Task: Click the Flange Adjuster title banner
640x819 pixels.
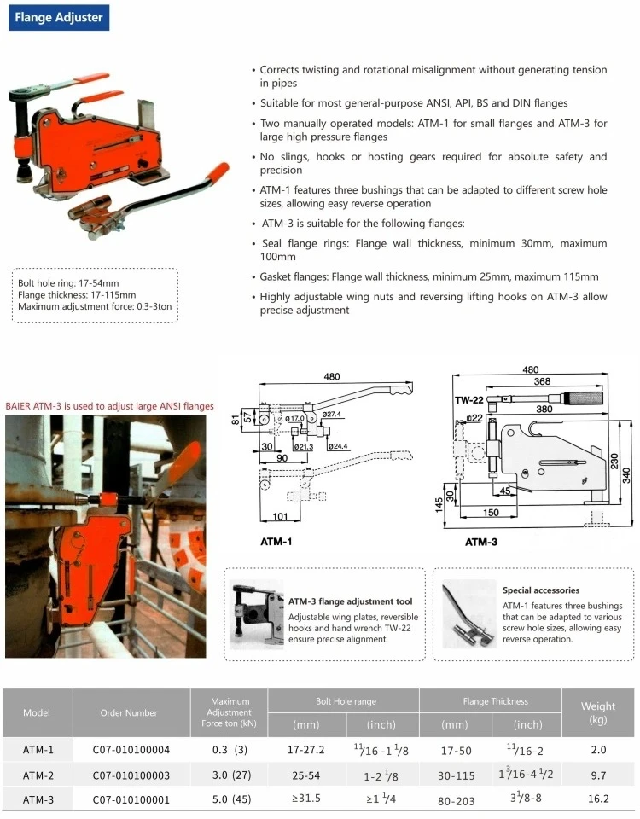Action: click(x=59, y=17)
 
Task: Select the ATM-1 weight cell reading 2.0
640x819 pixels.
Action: click(x=598, y=750)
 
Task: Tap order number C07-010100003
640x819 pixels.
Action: click(x=131, y=775)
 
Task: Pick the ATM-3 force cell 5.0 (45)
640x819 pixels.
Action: click(x=231, y=799)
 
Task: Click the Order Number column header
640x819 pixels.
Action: click(x=129, y=712)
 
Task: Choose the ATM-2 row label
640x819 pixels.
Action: click(x=38, y=775)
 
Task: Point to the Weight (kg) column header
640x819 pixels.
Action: click(x=598, y=712)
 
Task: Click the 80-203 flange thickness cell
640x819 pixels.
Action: click(x=456, y=801)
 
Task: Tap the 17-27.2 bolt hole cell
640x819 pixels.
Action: click(x=306, y=750)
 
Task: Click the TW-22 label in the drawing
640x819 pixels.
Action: click(x=468, y=400)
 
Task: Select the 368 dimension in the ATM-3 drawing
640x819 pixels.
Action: click(x=542, y=381)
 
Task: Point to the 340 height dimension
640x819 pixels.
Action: click(x=625, y=475)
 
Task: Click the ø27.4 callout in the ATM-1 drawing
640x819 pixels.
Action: click(x=331, y=415)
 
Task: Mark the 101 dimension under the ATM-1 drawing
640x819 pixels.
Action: click(x=280, y=516)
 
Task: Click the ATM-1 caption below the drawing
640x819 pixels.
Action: click(x=276, y=542)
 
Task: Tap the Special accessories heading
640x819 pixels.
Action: click(x=541, y=590)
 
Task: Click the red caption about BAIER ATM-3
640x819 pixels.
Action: click(x=110, y=406)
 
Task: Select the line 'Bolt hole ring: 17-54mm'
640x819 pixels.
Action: click(x=68, y=283)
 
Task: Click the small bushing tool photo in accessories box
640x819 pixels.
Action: click(x=468, y=613)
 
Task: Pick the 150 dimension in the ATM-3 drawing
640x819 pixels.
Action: click(x=491, y=513)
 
